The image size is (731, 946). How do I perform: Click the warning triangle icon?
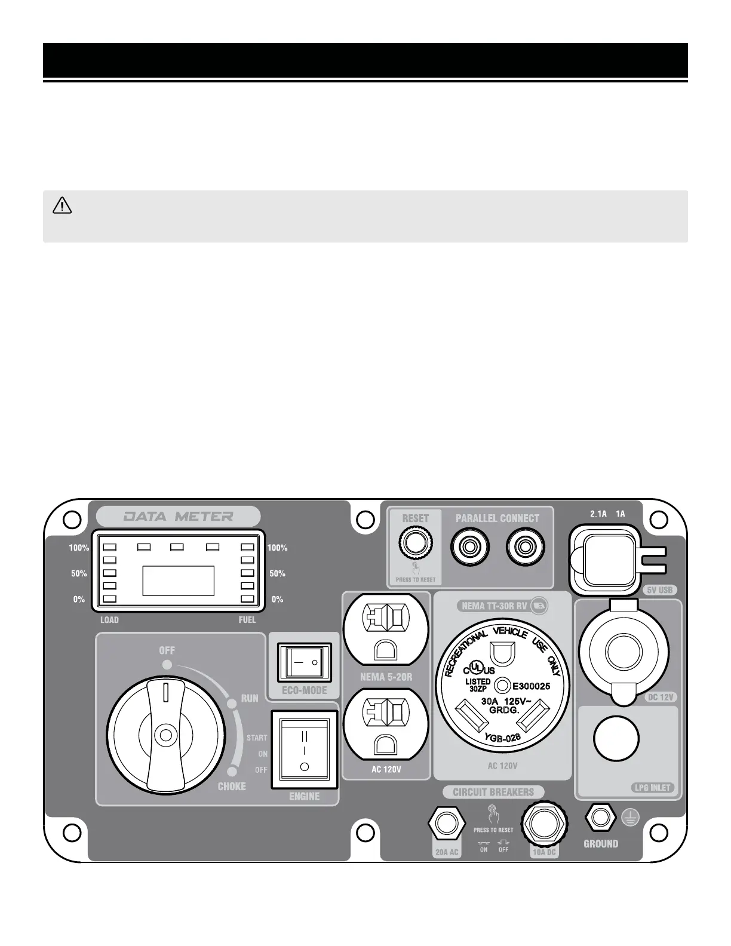(x=62, y=206)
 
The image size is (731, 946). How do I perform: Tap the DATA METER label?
(x=178, y=516)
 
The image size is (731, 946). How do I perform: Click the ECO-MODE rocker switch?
(x=304, y=662)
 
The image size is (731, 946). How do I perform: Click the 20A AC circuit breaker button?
(x=446, y=824)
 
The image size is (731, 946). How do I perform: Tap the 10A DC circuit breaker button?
(x=543, y=824)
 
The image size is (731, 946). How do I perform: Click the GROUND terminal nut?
(x=600, y=817)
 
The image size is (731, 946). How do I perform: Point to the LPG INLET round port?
(x=616, y=738)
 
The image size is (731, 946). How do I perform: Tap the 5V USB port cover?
(x=609, y=559)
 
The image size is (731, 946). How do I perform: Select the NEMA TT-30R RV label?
(x=494, y=606)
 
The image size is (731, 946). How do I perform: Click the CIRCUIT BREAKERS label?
(x=493, y=792)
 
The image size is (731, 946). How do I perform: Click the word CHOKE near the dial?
(x=232, y=786)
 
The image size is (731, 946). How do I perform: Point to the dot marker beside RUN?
(x=232, y=704)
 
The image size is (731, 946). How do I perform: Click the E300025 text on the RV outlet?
(x=531, y=686)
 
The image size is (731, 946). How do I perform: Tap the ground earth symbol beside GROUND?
(x=629, y=818)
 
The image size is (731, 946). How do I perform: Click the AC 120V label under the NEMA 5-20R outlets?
(x=386, y=769)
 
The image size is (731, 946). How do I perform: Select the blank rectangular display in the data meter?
(x=178, y=580)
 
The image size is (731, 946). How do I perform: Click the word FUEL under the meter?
(x=247, y=620)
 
